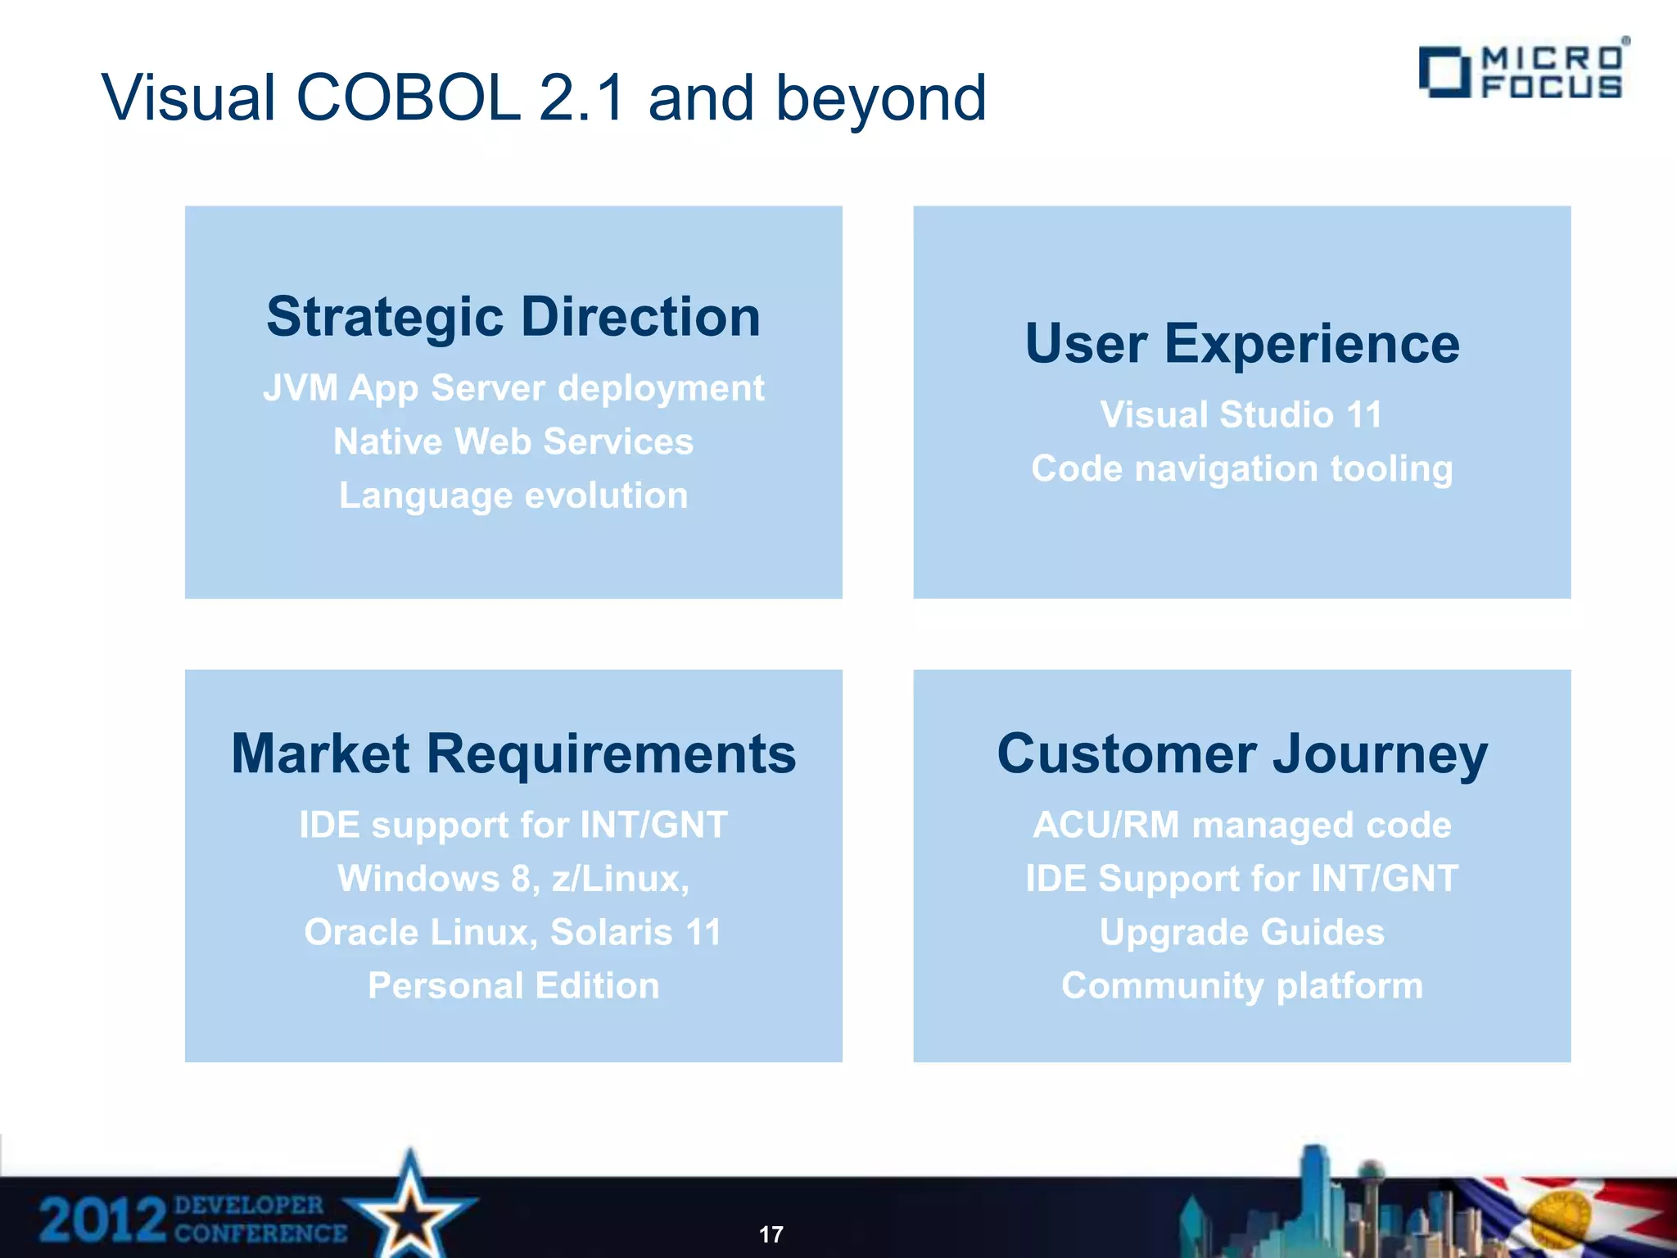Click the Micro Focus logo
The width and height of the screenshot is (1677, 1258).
tap(1523, 72)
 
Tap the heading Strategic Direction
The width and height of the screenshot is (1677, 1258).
tap(513, 317)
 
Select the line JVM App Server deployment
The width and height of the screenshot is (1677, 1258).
tap(513, 388)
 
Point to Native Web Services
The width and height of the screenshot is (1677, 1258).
tap(513, 441)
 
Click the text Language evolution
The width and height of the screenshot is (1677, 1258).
tap(513, 496)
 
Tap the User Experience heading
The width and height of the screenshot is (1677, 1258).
tap(1241, 344)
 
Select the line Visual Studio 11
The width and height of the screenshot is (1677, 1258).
tap(1241, 414)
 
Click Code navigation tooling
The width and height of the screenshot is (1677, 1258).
tap(1241, 468)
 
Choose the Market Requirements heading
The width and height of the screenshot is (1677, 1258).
tap(513, 754)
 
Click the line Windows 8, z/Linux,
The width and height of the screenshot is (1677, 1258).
tap(513, 879)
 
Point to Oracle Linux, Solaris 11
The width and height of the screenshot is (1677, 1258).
tap(513, 932)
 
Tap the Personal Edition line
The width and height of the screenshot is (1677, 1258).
tap(513, 985)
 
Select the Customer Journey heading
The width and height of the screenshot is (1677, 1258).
tap(1241, 754)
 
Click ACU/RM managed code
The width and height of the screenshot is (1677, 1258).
tap(1241, 825)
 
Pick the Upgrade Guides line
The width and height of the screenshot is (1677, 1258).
tap(1241, 932)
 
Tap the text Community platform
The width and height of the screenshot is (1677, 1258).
tap(1241, 985)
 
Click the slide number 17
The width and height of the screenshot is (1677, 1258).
tap(771, 1234)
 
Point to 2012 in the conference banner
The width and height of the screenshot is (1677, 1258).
tap(102, 1220)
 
